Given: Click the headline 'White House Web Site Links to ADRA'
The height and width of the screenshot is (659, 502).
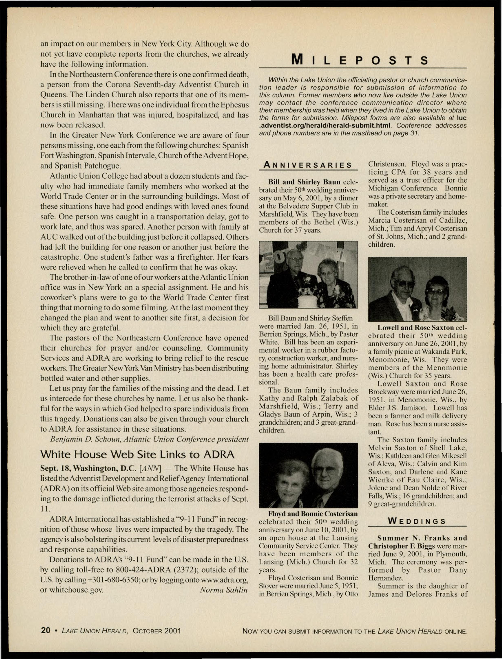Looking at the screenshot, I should coord(137,455).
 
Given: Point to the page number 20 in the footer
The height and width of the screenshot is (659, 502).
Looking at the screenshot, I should coord(45,631).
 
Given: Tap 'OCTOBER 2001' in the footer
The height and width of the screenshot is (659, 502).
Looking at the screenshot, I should coord(157,631).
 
